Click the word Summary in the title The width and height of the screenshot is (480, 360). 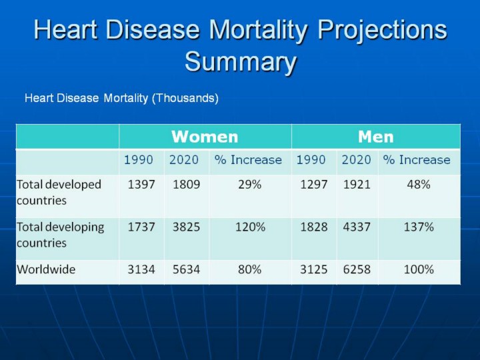[x=240, y=62]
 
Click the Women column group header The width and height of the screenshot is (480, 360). [x=205, y=137]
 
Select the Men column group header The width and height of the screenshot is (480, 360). [x=375, y=137]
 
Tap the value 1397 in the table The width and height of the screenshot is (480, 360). [x=141, y=185]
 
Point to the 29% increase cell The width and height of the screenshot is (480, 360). [x=249, y=185]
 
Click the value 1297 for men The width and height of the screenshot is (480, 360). [x=313, y=185]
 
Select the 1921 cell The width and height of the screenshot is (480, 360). [x=357, y=185]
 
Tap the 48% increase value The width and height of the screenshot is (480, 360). [x=419, y=185]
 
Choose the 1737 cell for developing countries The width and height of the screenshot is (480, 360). [x=141, y=227]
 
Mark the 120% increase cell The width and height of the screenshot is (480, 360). [x=249, y=227]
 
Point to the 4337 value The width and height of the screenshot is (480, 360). [x=357, y=227]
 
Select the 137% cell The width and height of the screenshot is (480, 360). [x=419, y=227]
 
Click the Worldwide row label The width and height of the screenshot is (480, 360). [x=46, y=270]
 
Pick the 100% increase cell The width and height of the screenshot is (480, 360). [x=419, y=270]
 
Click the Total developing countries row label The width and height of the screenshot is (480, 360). [x=61, y=235]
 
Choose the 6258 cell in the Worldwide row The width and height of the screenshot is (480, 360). [x=357, y=270]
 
